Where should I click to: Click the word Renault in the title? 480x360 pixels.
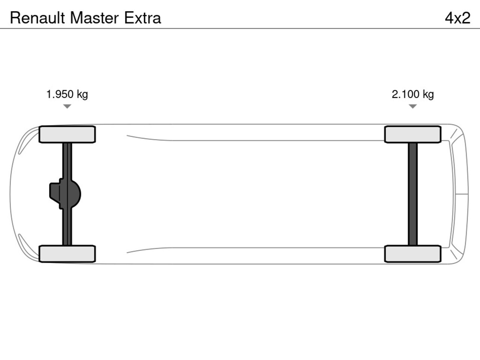click(37, 18)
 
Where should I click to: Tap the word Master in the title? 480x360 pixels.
click(94, 18)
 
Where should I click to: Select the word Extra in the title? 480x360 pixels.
click(142, 18)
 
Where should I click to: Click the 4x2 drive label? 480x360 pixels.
click(457, 18)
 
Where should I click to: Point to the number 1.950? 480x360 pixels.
click(60, 94)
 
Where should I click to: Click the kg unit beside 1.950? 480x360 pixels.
click(82, 95)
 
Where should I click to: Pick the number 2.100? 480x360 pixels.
click(405, 94)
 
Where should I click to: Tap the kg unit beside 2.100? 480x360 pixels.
click(428, 95)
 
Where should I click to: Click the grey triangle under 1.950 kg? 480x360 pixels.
click(67, 106)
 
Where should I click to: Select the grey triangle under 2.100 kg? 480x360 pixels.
click(412, 106)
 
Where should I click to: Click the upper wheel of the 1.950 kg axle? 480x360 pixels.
click(67, 134)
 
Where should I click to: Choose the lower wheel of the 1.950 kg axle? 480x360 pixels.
click(67, 254)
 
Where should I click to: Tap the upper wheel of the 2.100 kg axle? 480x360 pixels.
click(412, 134)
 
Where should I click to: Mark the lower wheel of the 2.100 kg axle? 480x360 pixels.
click(412, 254)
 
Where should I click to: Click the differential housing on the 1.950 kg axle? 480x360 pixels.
click(65, 194)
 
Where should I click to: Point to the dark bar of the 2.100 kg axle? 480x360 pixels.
click(412, 194)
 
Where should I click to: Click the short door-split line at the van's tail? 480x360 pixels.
click(462, 194)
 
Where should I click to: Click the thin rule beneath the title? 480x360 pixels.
click(240, 28)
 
